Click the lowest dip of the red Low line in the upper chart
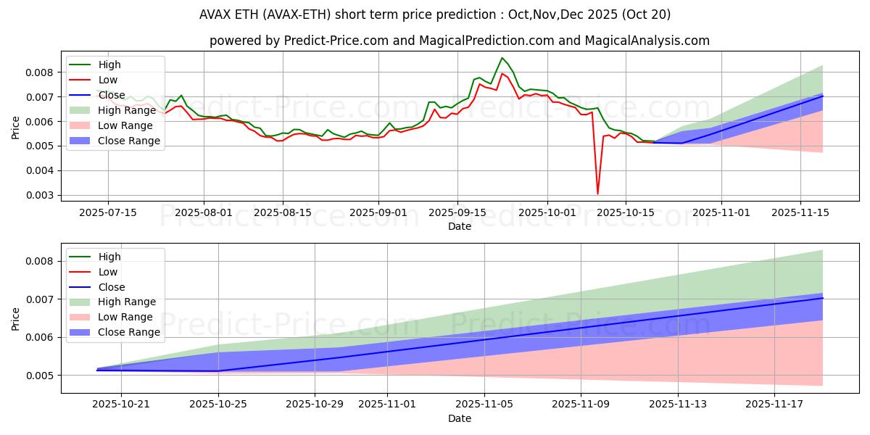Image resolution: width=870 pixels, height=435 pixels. [597, 194]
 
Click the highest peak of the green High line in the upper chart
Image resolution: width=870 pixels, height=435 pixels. [502, 58]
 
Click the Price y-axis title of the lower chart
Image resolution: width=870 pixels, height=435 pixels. [16, 319]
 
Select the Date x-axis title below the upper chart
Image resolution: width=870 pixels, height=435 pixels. [460, 226]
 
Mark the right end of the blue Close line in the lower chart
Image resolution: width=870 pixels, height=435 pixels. [823, 298]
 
